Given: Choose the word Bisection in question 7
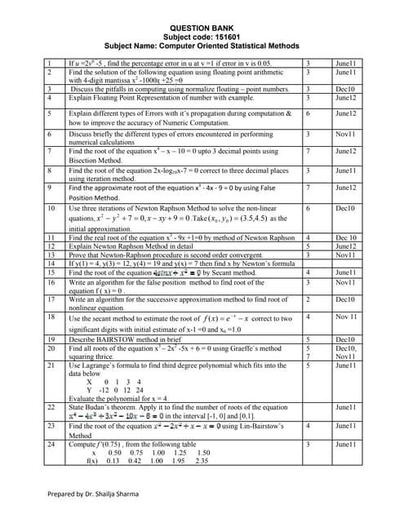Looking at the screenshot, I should pos(87,161).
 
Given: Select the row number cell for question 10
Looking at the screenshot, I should pos(51,209).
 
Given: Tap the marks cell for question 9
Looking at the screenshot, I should pos(308,188).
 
